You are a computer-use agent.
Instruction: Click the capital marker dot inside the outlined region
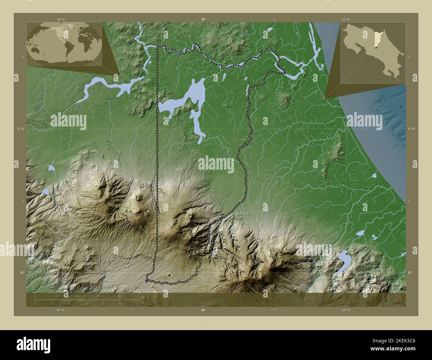coord(169,275)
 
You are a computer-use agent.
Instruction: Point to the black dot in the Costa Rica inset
coord(376,48)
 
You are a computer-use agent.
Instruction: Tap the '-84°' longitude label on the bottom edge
coord(203,310)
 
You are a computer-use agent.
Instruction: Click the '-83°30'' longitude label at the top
coord(346,20)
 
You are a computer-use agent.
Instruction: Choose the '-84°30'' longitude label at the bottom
coord(60,310)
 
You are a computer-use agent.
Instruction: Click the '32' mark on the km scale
coord(119,296)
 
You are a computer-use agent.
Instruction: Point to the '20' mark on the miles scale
coord(119,304)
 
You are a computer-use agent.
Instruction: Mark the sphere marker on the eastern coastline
coord(325,98)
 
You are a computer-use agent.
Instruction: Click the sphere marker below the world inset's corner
coord(120,76)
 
